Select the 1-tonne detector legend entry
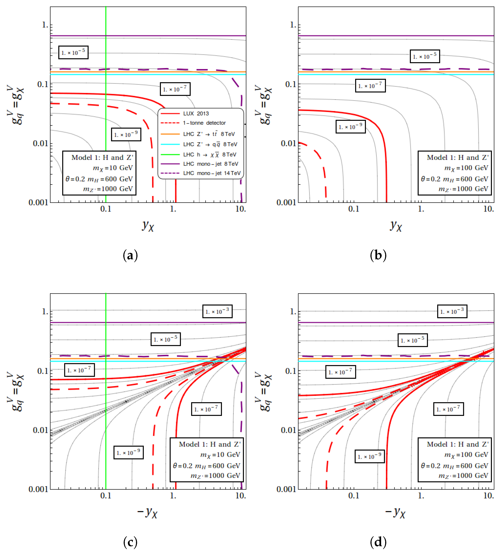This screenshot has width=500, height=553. coord(204,123)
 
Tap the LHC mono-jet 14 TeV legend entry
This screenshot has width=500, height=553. coord(212,173)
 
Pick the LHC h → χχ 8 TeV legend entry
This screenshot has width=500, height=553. coord(210,155)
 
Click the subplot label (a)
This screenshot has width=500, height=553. coord(130,255)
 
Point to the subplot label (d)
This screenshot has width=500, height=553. coord(378,542)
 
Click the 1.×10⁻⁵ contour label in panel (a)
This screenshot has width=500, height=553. coord(73,52)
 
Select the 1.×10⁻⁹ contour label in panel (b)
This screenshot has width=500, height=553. coord(351,127)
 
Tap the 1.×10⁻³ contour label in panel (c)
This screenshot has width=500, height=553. coord(217,311)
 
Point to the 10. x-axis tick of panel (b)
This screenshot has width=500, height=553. coord(488,209)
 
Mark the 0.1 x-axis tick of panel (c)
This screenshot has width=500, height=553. coord(106,496)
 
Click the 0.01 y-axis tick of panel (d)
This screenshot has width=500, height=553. coord(288,430)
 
